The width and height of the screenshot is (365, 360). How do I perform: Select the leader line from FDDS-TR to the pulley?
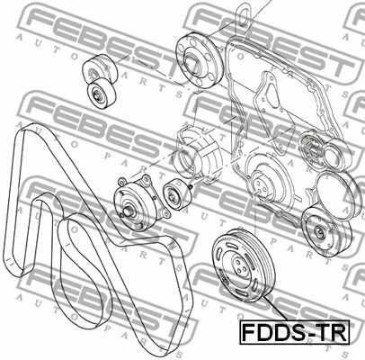252,305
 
